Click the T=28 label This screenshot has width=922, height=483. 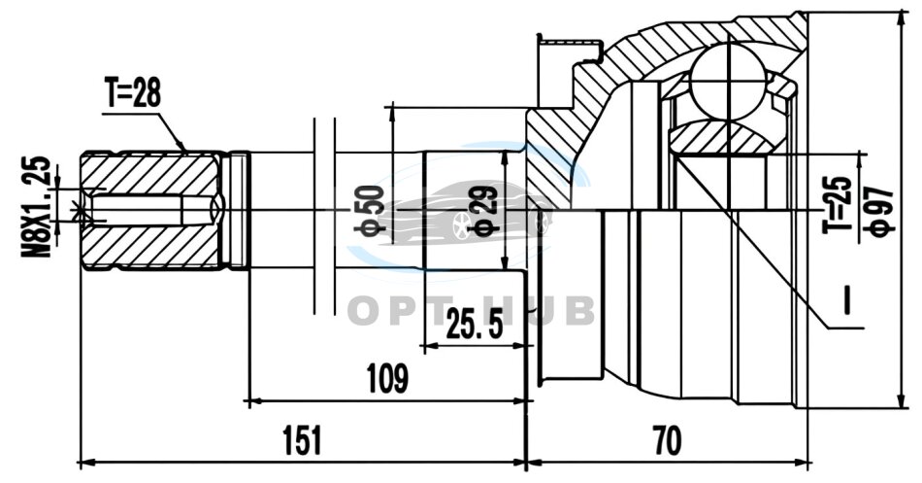(x=132, y=93)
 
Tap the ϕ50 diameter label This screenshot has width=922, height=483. (x=369, y=210)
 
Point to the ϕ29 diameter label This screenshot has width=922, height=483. (x=484, y=210)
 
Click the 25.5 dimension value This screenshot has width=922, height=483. (x=475, y=323)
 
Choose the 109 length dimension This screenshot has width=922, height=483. (x=387, y=378)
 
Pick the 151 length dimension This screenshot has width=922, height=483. (x=302, y=440)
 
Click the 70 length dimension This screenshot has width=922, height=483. (x=668, y=440)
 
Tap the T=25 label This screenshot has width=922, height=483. (x=838, y=204)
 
